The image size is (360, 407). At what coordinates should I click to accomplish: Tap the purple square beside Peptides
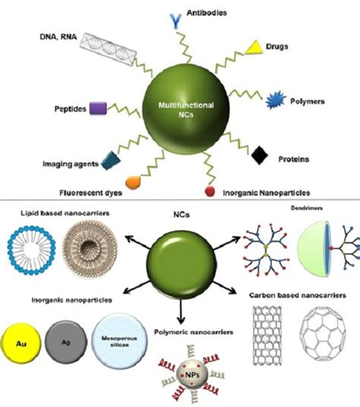pyautogui.click(x=98, y=109)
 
